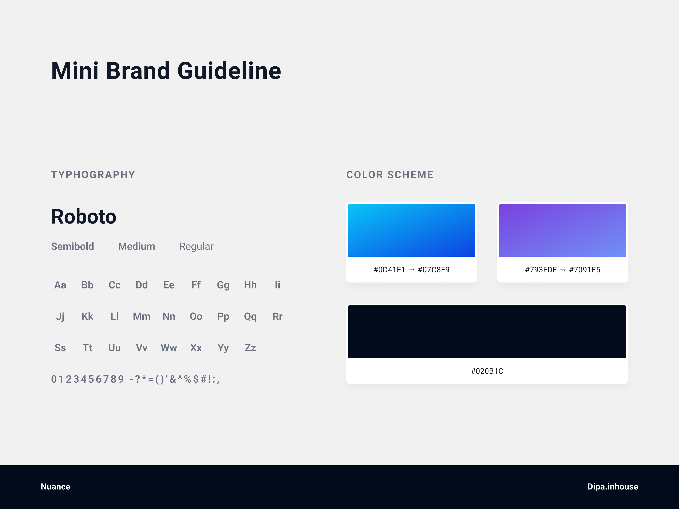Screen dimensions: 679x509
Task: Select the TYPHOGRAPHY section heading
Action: (x=93, y=175)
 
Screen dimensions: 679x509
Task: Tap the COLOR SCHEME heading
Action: (x=390, y=175)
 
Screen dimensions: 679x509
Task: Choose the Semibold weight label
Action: (x=72, y=246)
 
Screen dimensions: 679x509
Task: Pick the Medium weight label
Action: (x=137, y=246)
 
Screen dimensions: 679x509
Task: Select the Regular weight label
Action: (x=196, y=247)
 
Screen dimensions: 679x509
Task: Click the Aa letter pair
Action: (x=60, y=285)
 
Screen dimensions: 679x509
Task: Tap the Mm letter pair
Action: (x=142, y=316)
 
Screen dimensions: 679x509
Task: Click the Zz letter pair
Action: (x=250, y=348)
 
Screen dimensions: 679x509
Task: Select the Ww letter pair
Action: (x=169, y=348)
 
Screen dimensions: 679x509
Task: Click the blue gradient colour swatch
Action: (x=411, y=230)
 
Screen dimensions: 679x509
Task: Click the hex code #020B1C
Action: (x=487, y=371)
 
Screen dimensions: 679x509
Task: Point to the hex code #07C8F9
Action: (x=434, y=270)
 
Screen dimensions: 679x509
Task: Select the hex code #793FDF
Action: (x=541, y=270)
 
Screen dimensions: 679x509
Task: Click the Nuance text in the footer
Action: (x=56, y=487)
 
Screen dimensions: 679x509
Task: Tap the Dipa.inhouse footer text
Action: (x=613, y=487)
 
